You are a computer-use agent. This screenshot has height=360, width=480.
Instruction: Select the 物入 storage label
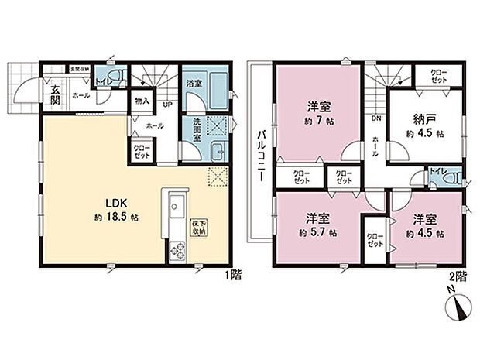[x=141, y=100]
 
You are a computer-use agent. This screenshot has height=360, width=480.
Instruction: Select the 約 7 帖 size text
[x=318, y=122]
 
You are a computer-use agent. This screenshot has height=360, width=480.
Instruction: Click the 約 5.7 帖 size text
[x=318, y=231]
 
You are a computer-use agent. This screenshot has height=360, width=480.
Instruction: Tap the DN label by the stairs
[x=375, y=118]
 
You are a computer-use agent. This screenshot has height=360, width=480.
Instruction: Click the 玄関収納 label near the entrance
[x=80, y=69]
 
